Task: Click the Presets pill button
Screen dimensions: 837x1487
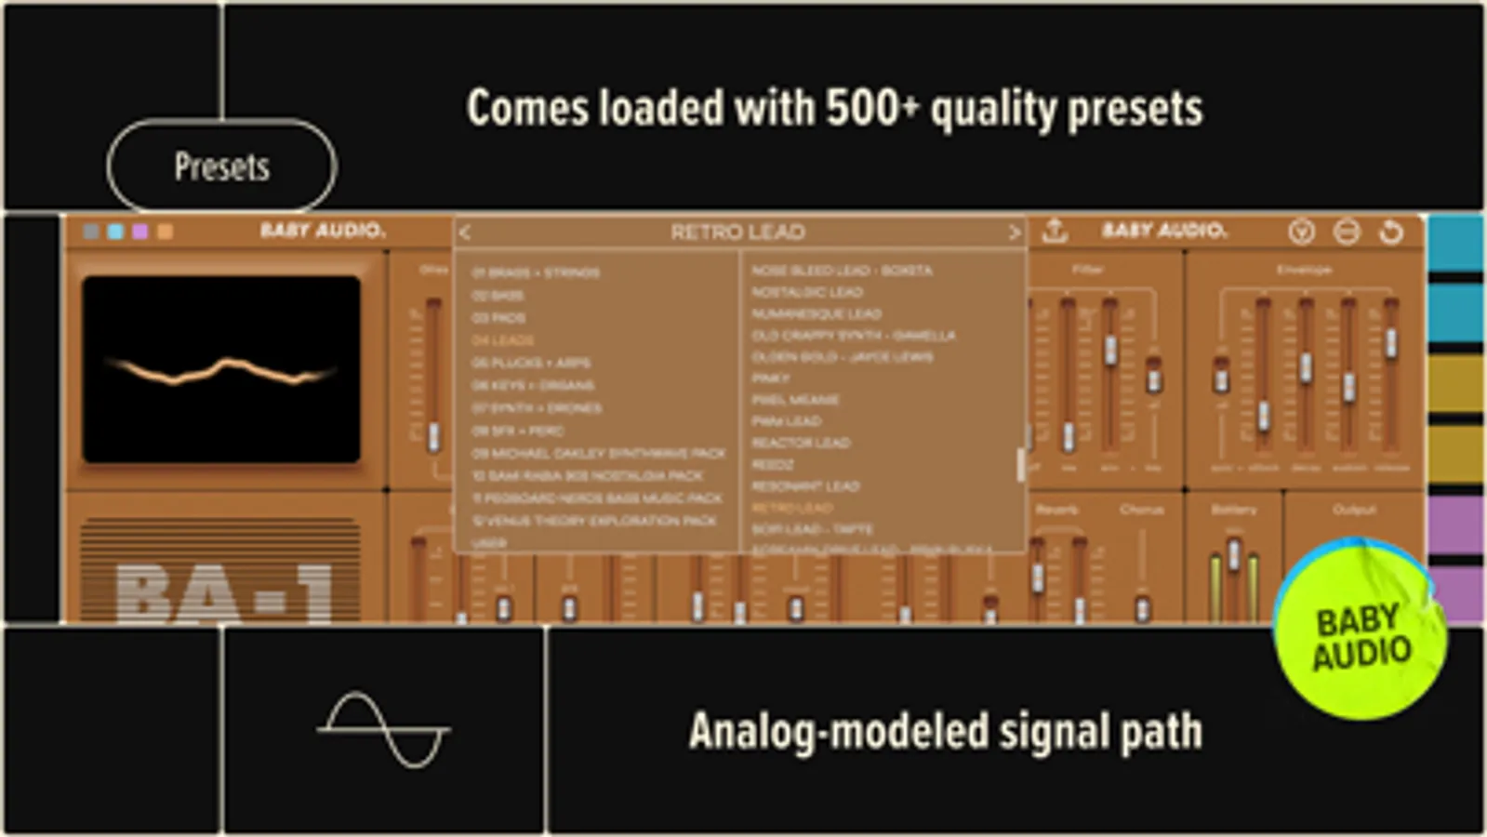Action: [x=221, y=166]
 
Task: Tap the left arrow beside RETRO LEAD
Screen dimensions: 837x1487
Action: [x=465, y=232]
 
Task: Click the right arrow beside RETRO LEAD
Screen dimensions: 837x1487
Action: [x=1015, y=232]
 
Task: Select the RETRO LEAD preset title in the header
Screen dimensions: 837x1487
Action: [x=737, y=232]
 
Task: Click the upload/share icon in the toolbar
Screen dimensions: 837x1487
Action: [x=1054, y=231]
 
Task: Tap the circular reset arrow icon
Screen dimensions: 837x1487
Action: [x=1391, y=232]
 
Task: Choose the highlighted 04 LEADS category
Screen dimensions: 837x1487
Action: [x=502, y=340]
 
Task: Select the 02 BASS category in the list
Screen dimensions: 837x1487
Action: [x=498, y=296]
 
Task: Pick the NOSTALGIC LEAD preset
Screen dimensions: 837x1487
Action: [x=807, y=292]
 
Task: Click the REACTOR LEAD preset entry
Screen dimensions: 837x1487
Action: [x=801, y=443]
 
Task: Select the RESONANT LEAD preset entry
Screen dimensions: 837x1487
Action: [x=805, y=485]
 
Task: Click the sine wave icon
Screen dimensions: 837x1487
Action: [x=383, y=730]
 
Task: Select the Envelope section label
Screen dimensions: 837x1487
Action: [x=1304, y=270]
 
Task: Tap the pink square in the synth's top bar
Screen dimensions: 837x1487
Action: [x=140, y=232]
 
